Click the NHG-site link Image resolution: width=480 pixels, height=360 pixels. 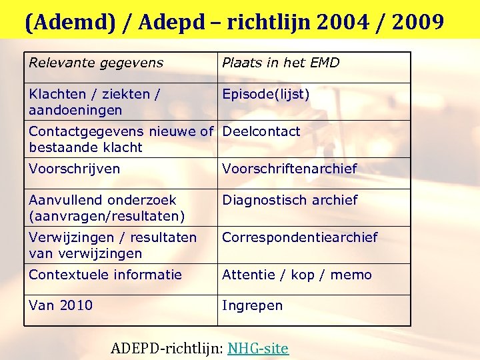[258, 348]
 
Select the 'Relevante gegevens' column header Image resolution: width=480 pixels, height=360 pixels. [96, 63]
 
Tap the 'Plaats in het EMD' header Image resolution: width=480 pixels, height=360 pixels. [281, 63]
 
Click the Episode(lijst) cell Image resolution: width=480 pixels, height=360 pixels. [266, 95]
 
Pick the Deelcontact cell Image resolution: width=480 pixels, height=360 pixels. [261, 132]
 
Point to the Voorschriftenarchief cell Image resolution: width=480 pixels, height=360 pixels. [289, 169]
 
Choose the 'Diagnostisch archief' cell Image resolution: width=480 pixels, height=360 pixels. [289, 200]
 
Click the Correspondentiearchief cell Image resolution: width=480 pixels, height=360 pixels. [299, 237]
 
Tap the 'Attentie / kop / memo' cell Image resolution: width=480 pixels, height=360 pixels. [297, 275]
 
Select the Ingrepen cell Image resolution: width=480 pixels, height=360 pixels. [252, 306]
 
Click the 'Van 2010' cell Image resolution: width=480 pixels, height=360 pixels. [61, 306]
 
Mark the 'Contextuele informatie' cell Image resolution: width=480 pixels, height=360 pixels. [105, 275]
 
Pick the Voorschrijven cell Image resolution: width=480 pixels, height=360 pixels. [75, 169]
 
